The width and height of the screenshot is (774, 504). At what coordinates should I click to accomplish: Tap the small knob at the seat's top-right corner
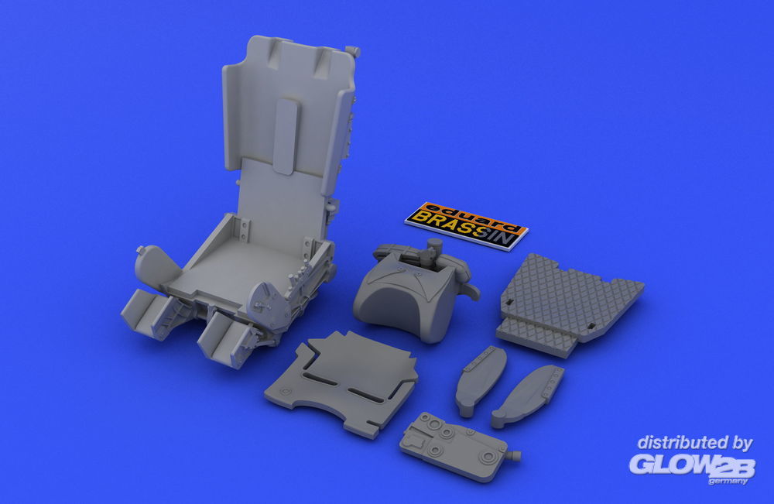tap(354, 51)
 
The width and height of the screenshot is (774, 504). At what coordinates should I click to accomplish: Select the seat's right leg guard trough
tap(224, 338)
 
